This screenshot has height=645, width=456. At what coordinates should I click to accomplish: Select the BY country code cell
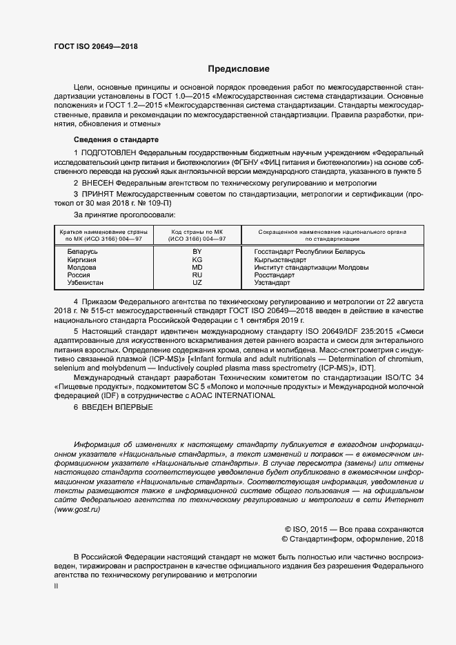[197, 252]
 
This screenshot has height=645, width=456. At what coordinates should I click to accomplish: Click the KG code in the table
[197, 260]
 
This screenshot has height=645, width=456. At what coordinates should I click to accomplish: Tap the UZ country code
[197, 283]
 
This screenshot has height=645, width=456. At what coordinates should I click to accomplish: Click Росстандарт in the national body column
[275, 275]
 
